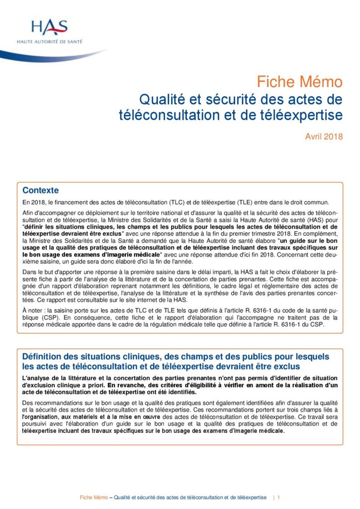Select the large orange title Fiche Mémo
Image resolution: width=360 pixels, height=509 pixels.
(x=299, y=82)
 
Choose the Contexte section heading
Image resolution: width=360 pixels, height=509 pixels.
(x=41, y=190)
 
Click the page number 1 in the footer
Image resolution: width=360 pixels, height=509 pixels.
(x=279, y=497)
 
